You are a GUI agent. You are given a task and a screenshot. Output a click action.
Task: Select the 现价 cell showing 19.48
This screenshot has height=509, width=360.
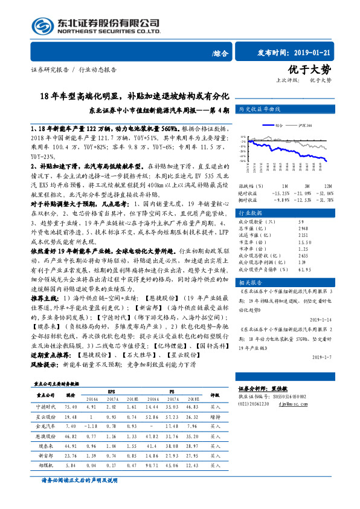[x=70, y=417]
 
